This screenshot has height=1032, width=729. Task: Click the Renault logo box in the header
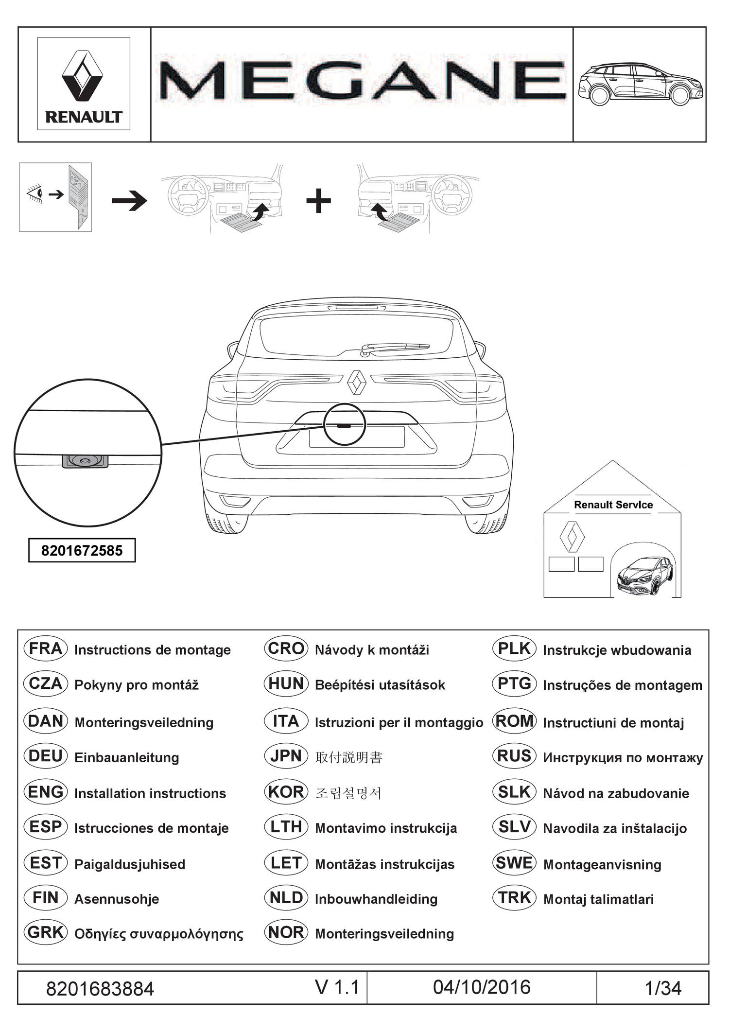click(84, 84)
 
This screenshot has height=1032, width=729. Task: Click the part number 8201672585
click(82, 551)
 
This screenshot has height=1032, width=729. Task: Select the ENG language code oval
click(45, 792)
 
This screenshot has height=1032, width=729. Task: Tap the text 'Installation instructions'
click(150, 793)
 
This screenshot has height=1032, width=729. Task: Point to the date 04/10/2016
click(481, 987)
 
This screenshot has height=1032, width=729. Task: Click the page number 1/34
click(663, 988)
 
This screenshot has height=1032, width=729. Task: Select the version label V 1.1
click(337, 987)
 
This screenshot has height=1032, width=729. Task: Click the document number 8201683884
click(100, 989)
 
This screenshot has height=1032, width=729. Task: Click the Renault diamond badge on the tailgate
click(357, 382)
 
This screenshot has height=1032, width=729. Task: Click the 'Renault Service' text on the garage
click(613, 505)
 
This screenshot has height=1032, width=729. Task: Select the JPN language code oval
click(286, 756)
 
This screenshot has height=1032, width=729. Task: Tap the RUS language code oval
click(514, 756)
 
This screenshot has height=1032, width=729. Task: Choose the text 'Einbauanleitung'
click(126, 757)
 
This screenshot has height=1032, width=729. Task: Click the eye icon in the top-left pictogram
click(35, 194)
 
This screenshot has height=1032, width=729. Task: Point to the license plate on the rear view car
click(357, 437)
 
